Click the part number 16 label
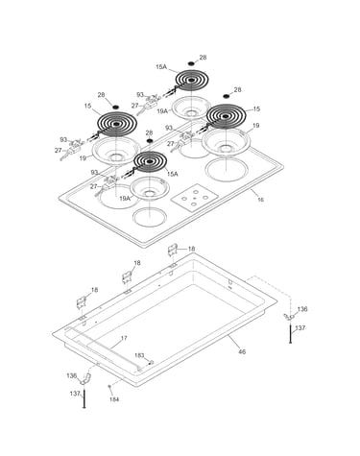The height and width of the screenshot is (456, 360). pyautogui.click(x=261, y=200)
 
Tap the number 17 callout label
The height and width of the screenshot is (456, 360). pyautogui.click(x=124, y=338)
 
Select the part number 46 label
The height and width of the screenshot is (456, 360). pyautogui.click(x=242, y=351)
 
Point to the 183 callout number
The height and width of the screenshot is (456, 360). pyautogui.click(x=139, y=355)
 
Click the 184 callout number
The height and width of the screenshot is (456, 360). pyautogui.click(x=114, y=399)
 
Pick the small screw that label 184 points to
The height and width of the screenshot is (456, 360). pyautogui.click(x=109, y=387)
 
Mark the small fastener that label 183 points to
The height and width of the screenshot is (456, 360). pyautogui.click(x=152, y=362)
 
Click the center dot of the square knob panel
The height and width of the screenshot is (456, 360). pyautogui.click(x=195, y=198)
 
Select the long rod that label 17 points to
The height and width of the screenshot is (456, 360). pyautogui.click(x=103, y=348)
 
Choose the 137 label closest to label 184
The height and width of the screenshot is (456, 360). pyautogui.click(x=75, y=394)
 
